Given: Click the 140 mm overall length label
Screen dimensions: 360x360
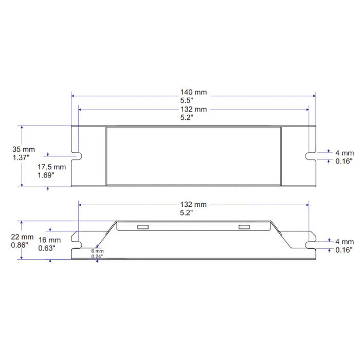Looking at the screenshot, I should (194, 92).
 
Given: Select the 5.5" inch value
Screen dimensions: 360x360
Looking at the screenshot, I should (194, 101).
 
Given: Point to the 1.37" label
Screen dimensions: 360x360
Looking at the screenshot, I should (22, 158).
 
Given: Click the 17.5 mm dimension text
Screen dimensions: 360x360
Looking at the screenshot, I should (51, 167).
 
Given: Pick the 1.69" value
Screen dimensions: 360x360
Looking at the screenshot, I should (47, 175).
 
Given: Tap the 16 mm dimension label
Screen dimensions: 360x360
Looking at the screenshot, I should (49, 240).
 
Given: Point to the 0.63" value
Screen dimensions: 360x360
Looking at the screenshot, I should (48, 248).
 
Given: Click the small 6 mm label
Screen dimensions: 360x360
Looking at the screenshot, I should (96, 250).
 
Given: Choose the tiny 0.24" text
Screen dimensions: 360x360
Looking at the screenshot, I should (96, 256).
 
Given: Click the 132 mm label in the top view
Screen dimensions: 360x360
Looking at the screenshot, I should (194, 110).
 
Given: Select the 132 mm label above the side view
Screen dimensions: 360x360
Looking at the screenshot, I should (194, 205).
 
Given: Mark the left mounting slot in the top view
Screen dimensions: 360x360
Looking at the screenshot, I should (78, 156).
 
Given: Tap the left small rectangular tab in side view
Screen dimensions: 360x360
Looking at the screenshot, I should (142, 227).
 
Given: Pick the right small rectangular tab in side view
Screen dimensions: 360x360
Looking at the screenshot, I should (244, 227).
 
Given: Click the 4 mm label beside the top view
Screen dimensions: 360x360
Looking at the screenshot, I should (344, 153).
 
